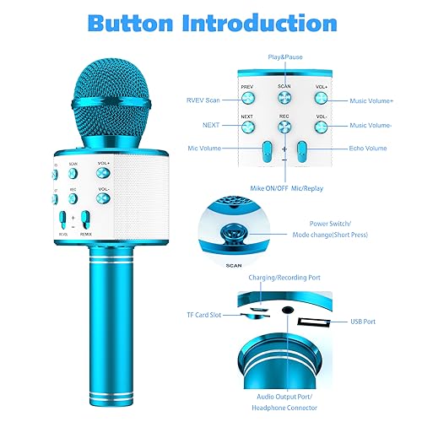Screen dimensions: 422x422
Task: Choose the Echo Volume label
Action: [x=366, y=149]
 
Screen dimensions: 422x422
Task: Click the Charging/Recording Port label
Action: [x=278, y=277]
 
